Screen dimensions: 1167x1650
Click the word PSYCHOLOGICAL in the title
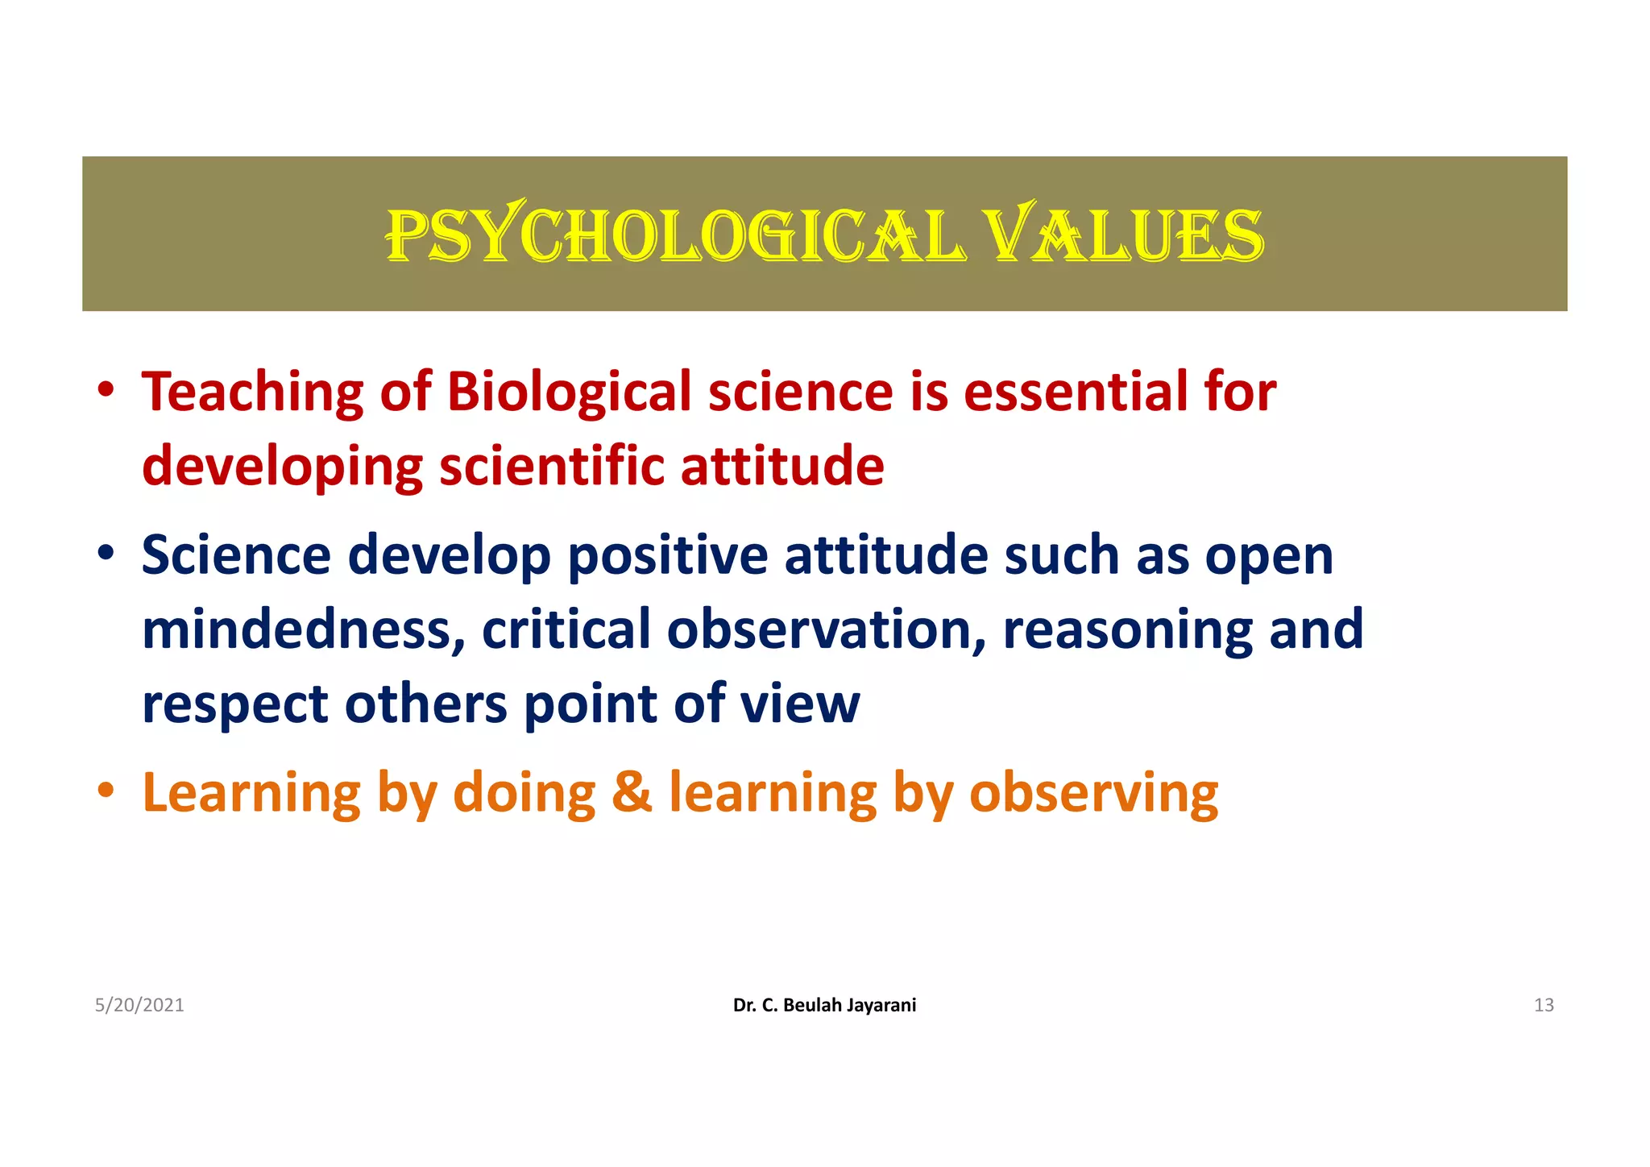675,235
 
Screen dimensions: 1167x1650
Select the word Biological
569,392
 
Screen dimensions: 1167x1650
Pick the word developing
282,468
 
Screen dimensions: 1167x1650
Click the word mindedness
303,629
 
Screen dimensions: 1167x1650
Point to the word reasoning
1128,631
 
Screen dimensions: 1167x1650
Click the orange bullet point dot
106,791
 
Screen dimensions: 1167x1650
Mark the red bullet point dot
106,391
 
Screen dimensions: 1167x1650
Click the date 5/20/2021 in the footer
139,1005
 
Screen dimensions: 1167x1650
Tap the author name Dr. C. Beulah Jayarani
824,1005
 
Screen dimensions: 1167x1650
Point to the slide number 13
1543,1005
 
